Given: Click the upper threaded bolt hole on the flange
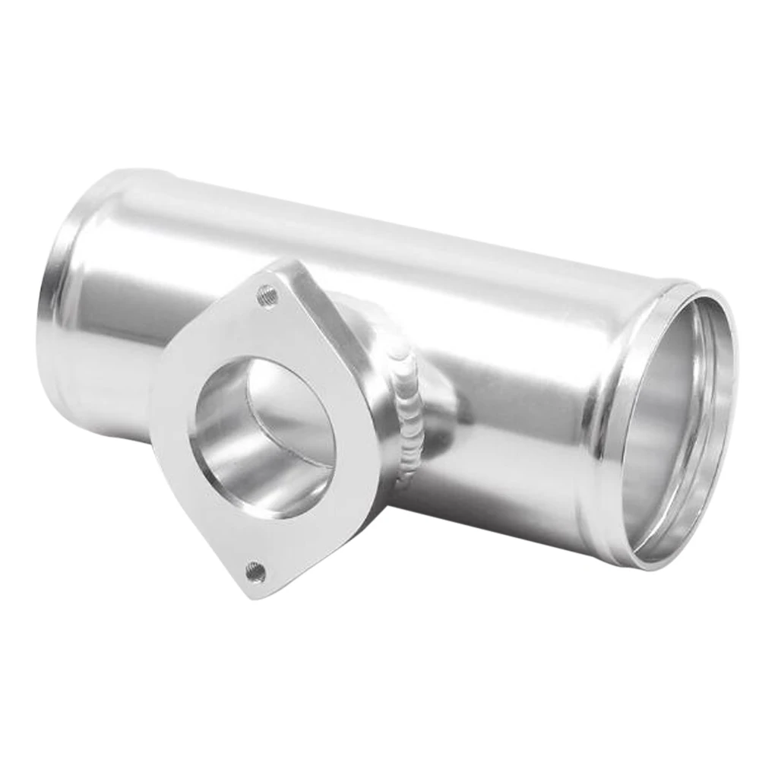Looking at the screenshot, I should click(267, 296).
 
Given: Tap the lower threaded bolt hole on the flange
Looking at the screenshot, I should click(256, 571).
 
